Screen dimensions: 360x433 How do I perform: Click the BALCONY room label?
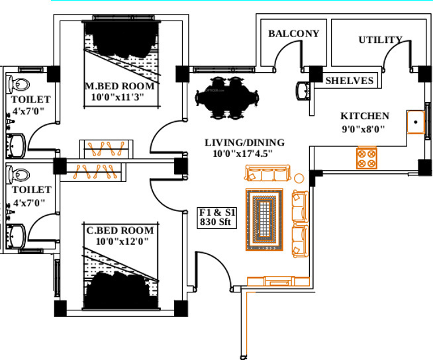click(293, 34)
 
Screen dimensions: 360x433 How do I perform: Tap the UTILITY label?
click(380, 40)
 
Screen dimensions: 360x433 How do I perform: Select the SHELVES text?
click(350, 81)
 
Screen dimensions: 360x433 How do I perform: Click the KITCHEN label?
click(365, 116)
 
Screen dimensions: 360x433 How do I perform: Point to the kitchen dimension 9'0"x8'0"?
click(363, 129)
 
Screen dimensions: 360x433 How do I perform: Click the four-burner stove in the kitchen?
click(367, 157)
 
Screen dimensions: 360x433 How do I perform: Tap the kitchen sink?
click(416, 122)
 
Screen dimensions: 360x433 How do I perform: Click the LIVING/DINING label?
click(244, 142)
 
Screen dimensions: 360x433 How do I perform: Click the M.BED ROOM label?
click(119, 86)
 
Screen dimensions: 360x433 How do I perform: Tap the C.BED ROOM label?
click(120, 231)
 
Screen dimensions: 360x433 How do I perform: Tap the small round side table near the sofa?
click(299, 178)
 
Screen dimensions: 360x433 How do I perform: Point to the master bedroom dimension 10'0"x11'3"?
click(118, 97)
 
